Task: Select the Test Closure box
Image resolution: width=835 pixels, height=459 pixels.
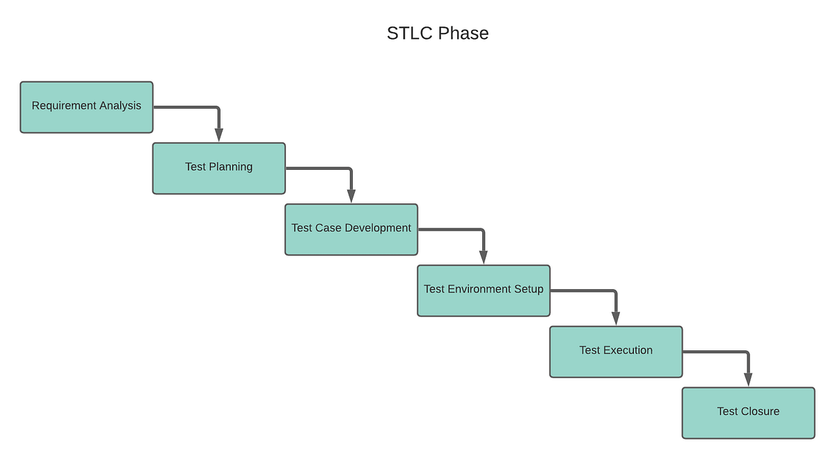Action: (x=748, y=413)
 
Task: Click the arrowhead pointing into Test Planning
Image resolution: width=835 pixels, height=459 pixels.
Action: (x=218, y=135)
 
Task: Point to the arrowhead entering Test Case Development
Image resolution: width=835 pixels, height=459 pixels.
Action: (x=351, y=196)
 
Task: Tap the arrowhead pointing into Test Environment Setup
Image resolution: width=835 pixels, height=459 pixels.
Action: (x=484, y=258)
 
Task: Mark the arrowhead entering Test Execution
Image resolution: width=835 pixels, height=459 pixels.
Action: (x=616, y=319)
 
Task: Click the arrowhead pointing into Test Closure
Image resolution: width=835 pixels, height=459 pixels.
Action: (x=748, y=380)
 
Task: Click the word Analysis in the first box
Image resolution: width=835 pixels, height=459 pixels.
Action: (x=120, y=106)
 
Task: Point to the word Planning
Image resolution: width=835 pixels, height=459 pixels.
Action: (x=231, y=166)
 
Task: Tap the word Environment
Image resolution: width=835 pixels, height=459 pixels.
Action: (x=479, y=289)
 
